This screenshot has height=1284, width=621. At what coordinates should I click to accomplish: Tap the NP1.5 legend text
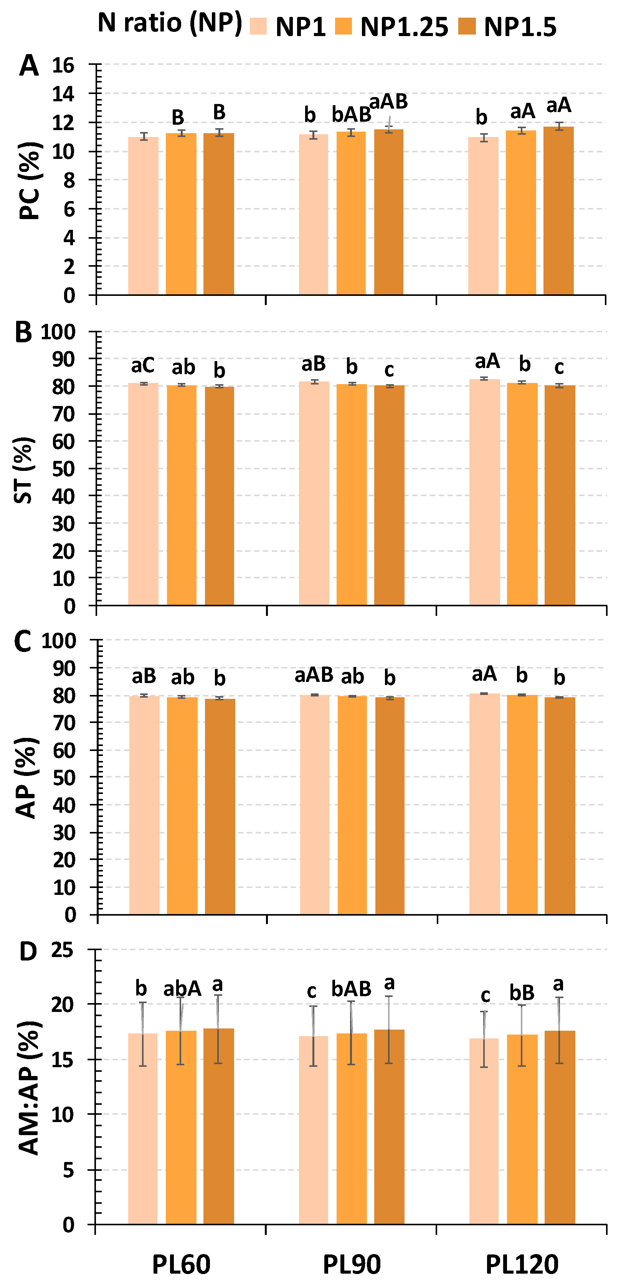coord(520,27)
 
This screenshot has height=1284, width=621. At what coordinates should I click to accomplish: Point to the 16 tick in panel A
coord(63,65)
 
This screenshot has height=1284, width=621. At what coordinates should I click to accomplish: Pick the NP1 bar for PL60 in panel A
coord(143,215)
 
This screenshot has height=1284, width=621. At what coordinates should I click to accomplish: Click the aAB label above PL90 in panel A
coord(388,101)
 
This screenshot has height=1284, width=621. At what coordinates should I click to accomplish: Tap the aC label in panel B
coord(142,365)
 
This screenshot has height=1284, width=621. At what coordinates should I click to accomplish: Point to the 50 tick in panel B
coord(63,469)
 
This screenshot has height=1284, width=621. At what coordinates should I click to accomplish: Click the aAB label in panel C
coord(314,675)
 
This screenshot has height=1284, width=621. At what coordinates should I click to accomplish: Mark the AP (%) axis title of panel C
coord(26,777)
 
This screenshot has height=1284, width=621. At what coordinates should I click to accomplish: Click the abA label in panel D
coord(182,989)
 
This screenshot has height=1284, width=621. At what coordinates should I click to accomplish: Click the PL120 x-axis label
coord(522,1264)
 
